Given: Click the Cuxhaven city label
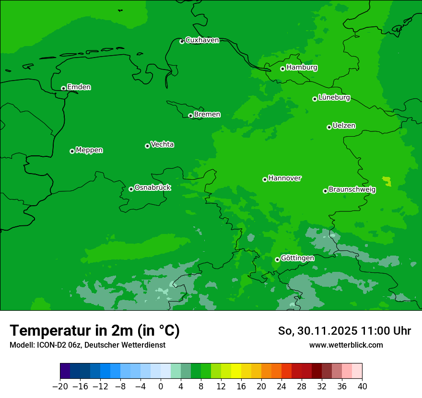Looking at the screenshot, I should click(202, 40).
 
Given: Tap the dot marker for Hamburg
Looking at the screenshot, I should click(283, 69).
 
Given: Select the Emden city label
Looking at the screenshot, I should click(79, 87).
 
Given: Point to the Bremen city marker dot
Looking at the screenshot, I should click(190, 116).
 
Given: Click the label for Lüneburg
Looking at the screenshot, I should click(334, 98).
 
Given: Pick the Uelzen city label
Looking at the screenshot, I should click(344, 126).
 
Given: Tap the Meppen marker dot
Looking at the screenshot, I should click(72, 151).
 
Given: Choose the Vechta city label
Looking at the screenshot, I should click(162, 144).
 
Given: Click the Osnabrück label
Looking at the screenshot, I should click(152, 187).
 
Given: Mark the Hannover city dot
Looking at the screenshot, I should click(265, 179).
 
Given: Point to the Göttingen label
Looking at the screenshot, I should click(297, 258).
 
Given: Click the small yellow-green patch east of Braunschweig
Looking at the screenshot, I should click(387, 181).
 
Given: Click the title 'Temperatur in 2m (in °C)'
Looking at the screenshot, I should click(94, 330).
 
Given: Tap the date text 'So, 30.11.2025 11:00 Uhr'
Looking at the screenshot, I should click(344, 331).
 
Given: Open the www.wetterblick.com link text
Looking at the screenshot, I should click(346, 345).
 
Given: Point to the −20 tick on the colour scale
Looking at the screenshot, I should click(60, 386).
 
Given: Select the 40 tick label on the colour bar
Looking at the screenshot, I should click(362, 386).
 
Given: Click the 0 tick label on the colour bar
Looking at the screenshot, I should click(161, 386).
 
